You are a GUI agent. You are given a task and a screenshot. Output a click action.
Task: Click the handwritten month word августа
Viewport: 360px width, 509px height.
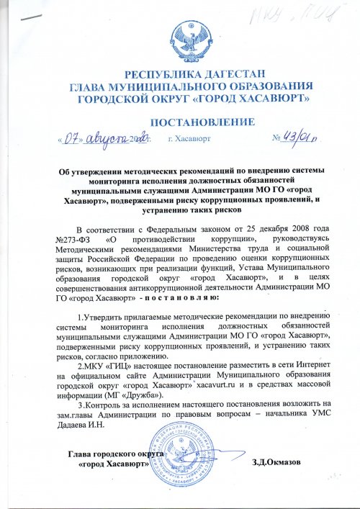click(x=105, y=136)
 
